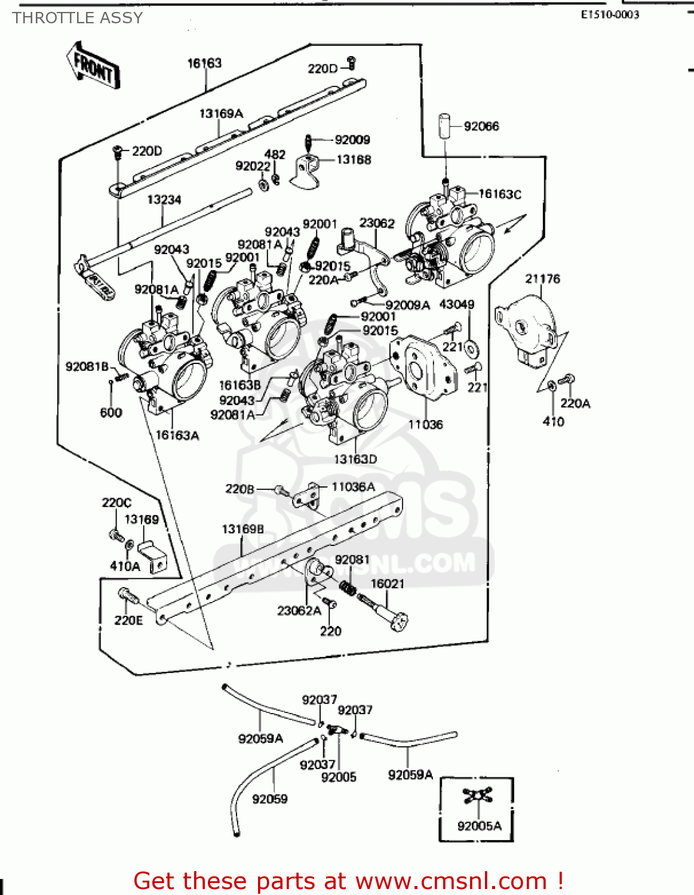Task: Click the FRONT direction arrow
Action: tap(93, 66)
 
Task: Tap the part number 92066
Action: tap(481, 126)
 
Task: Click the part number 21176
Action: tap(542, 279)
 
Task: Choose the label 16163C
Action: tap(500, 194)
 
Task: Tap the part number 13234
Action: tap(164, 199)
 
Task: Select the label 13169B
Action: tap(242, 529)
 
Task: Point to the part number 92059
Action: tap(269, 799)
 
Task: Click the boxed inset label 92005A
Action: tap(479, 826)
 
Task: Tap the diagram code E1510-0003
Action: tap(610, 15)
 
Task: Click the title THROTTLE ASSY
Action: tap(78, 18)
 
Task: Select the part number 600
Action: tap(111, 412)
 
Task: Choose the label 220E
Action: tap(128, 621)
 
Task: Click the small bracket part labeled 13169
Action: tap(152, 555)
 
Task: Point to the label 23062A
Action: tap(299, 610)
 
